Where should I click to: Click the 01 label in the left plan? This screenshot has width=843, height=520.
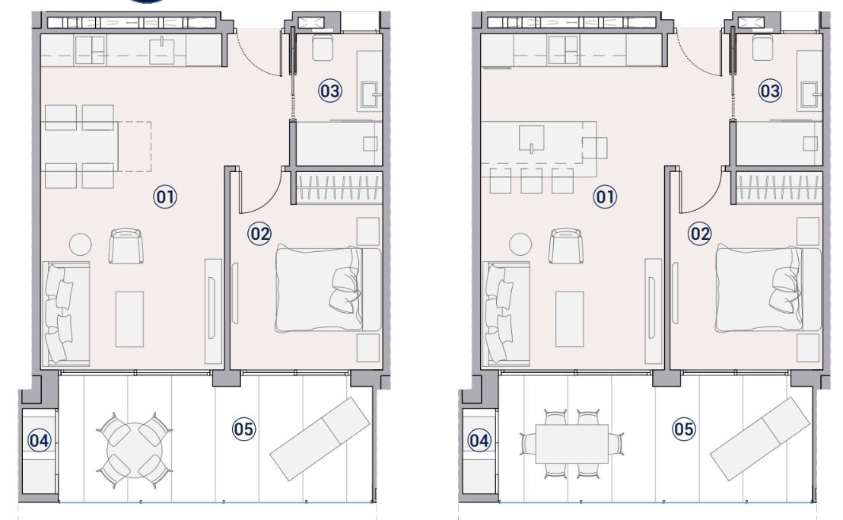[x=165, y=197]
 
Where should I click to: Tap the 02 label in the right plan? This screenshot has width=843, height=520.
[x=699, y=234]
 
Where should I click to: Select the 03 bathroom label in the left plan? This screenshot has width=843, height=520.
[x=329, y=91]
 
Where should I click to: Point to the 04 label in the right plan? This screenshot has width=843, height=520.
[x=479, y=441]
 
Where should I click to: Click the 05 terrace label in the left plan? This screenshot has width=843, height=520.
[x=243, y=429]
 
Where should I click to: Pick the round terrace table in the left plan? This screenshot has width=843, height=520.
[x=135, y=450]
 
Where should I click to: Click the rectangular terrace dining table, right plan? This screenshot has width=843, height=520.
[x=572, y=444]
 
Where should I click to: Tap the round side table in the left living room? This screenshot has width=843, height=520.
[x=80, y=244]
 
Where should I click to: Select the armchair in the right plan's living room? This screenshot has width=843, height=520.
[x=565, y=246]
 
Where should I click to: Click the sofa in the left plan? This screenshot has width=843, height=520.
[x=65, y=314]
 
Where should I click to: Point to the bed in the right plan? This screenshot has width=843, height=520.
[x=768, y=289]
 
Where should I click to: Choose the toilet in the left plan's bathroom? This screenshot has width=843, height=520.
[x=323, y=49]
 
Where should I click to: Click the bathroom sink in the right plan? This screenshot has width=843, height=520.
[x=810, y=95]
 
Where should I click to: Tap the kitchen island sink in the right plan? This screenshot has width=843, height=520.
[x=532, y=138]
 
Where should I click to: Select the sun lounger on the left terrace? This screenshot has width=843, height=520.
[x=320, y=439]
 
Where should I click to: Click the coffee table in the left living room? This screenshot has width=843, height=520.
[x=129, y=320]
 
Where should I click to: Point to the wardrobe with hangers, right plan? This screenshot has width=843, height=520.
[x=779, y=188]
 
